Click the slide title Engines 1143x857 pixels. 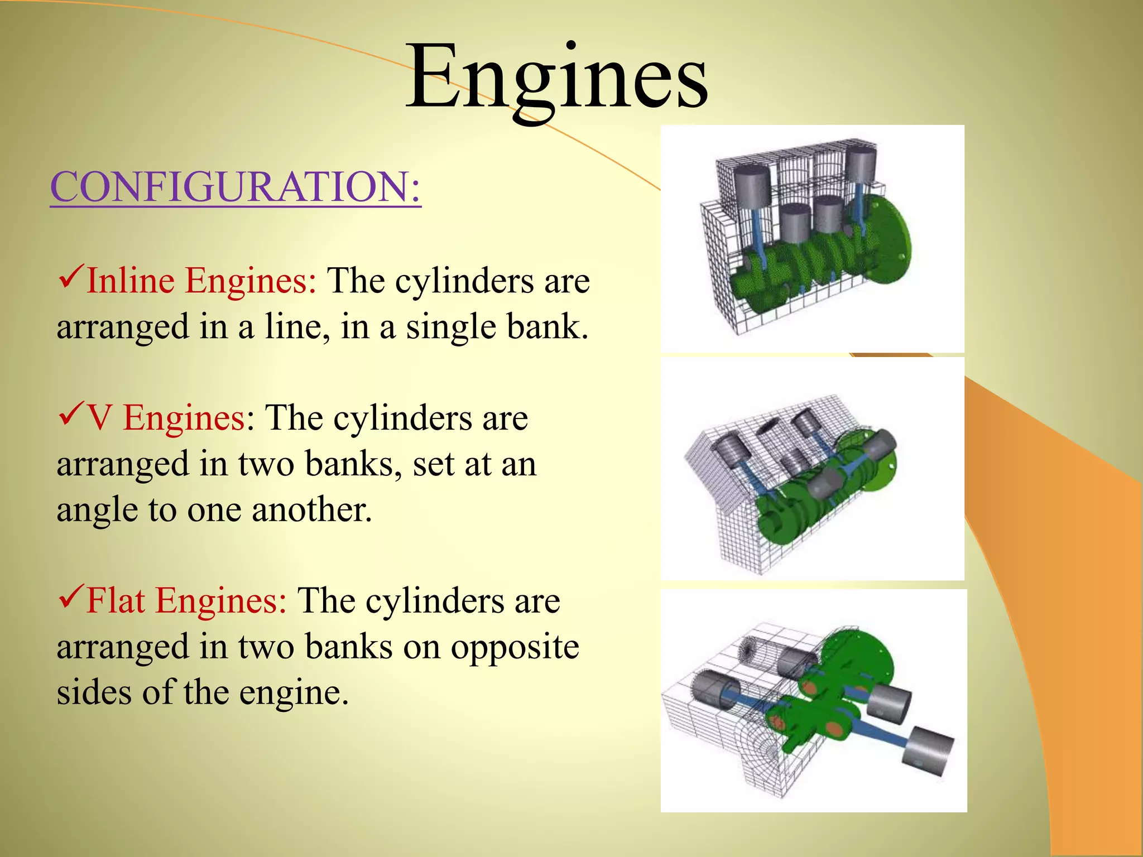(x=557, y=78)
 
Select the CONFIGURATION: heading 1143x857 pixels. (x=235, y=186)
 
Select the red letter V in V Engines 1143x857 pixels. (x=99, y=418)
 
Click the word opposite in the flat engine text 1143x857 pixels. (x=515, y=647)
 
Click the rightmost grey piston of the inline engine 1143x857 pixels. (x=861, y=164)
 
